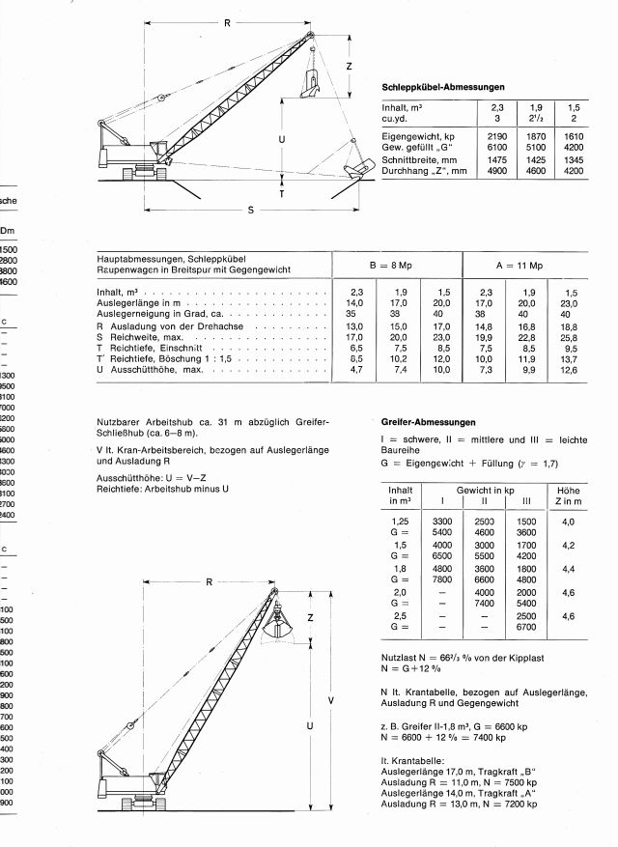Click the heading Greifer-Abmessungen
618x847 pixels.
tap(429, 422)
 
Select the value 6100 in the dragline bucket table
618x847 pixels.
tap(497, 150)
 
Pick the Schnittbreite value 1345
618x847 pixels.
tap(574, 160)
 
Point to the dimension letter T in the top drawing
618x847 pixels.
tap(282, 192)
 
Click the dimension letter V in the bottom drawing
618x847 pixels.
tap(331, 699)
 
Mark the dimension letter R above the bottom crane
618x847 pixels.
tap(208, 582)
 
